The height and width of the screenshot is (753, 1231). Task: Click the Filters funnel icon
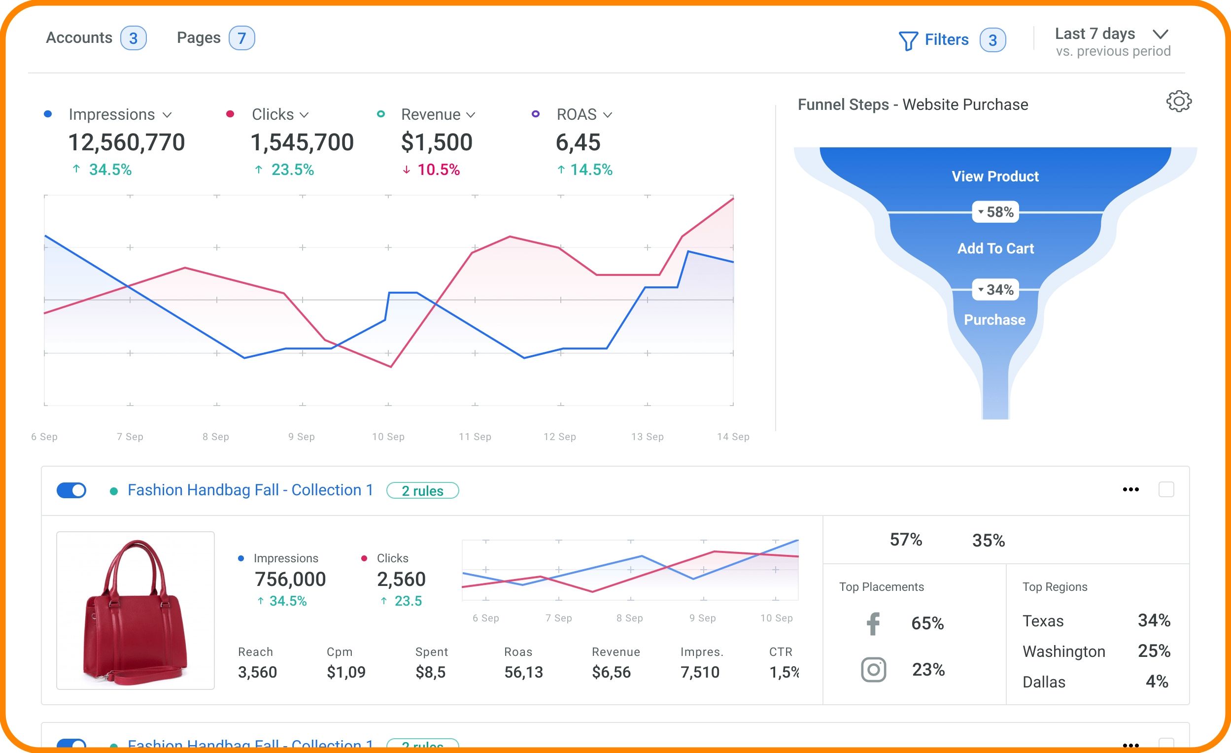click(908, 40)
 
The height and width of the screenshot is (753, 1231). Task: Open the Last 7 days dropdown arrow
click(1160, 34)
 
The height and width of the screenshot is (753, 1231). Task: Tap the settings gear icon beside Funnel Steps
click(1179, 102)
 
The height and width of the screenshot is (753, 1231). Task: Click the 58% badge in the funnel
click(995, 212)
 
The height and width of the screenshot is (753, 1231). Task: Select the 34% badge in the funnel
click(995, 290)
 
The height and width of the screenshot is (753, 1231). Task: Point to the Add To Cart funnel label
click(995, 248)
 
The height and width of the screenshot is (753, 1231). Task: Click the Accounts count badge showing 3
click(134, 38)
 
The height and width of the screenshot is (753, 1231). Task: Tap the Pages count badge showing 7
click(242, 38)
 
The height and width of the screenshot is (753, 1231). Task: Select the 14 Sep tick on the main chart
click(733, 437)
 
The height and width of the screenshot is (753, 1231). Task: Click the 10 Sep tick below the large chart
click(388, 437)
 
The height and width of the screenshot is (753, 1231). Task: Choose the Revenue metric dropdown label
click(437, 114)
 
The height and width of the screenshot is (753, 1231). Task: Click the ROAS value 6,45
click(578, 142)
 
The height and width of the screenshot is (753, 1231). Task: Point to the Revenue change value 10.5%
click(438, 170)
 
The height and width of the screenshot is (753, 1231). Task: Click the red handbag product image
click(136, 611)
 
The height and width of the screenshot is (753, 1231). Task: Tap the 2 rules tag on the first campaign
click(423, 491)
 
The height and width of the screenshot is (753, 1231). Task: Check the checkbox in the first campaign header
click(1166, 489)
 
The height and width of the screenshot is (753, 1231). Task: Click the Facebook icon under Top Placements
click(873, 623)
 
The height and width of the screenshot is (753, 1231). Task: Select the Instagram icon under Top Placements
click(873, 670)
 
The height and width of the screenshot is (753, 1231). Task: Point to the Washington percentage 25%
click(1154, 651)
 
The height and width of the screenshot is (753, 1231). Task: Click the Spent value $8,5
click(430, 673)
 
